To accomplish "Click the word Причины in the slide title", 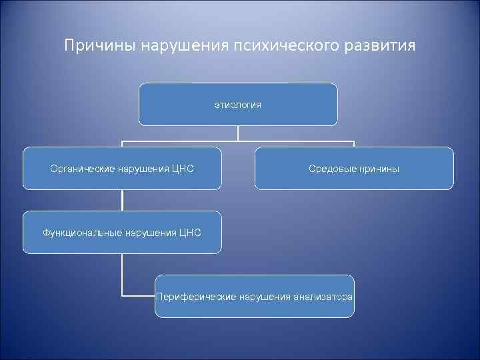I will point(94,46).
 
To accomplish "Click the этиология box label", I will point(238,105).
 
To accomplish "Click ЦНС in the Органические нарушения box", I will point(183,169).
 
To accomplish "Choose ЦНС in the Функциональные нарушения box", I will point(190,233).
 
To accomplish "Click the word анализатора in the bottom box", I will point(323,297).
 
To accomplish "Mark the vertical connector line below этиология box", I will point(238,133).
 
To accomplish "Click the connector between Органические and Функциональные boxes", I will point(122,200).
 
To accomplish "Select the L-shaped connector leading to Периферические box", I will point(123,280).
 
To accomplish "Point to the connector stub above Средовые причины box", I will point(354,144).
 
